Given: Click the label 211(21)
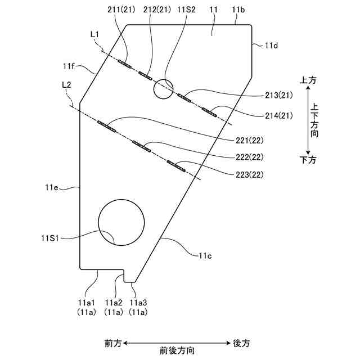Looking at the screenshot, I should pyautogui.click(x=127, y=10).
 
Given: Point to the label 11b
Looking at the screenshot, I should pyautogui.click(x=238, y=10).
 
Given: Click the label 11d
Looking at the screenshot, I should pyautogui.click(x=271, y=46).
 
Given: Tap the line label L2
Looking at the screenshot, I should pyautogui.click(x=66, y=84).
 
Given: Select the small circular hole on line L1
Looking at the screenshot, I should pyautogui.click(x=163, y=88).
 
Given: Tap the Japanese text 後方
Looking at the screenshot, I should pyautogui.click(x=241, y=343).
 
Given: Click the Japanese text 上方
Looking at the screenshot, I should pyautogui.click(x=309, y=80).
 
